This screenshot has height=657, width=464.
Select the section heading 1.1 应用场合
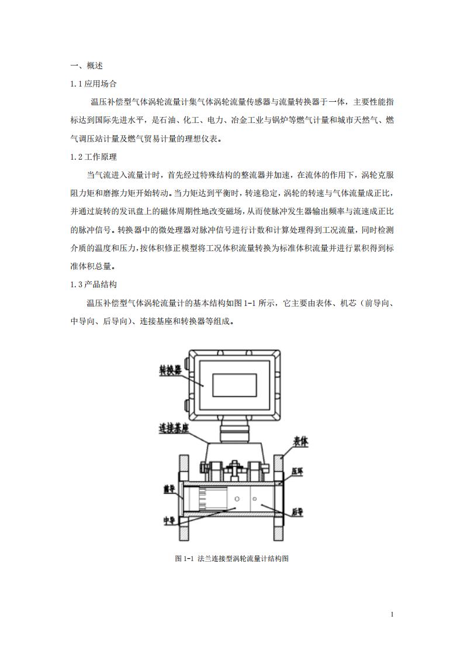coord(93,84)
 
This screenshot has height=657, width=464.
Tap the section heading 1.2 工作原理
coord(93,157)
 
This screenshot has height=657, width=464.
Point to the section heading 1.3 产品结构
coord(93,284)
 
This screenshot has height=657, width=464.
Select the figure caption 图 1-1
coord(232,559)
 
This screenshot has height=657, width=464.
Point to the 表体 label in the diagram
coord(300,442)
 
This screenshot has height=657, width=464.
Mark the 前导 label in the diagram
coord(169,487)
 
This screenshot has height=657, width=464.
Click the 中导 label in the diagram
coord(169,520)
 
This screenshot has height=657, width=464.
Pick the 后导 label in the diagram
coord(297,511)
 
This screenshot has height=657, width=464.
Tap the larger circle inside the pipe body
coord(237,498)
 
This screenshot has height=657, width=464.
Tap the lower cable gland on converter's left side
coord(188,404)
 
